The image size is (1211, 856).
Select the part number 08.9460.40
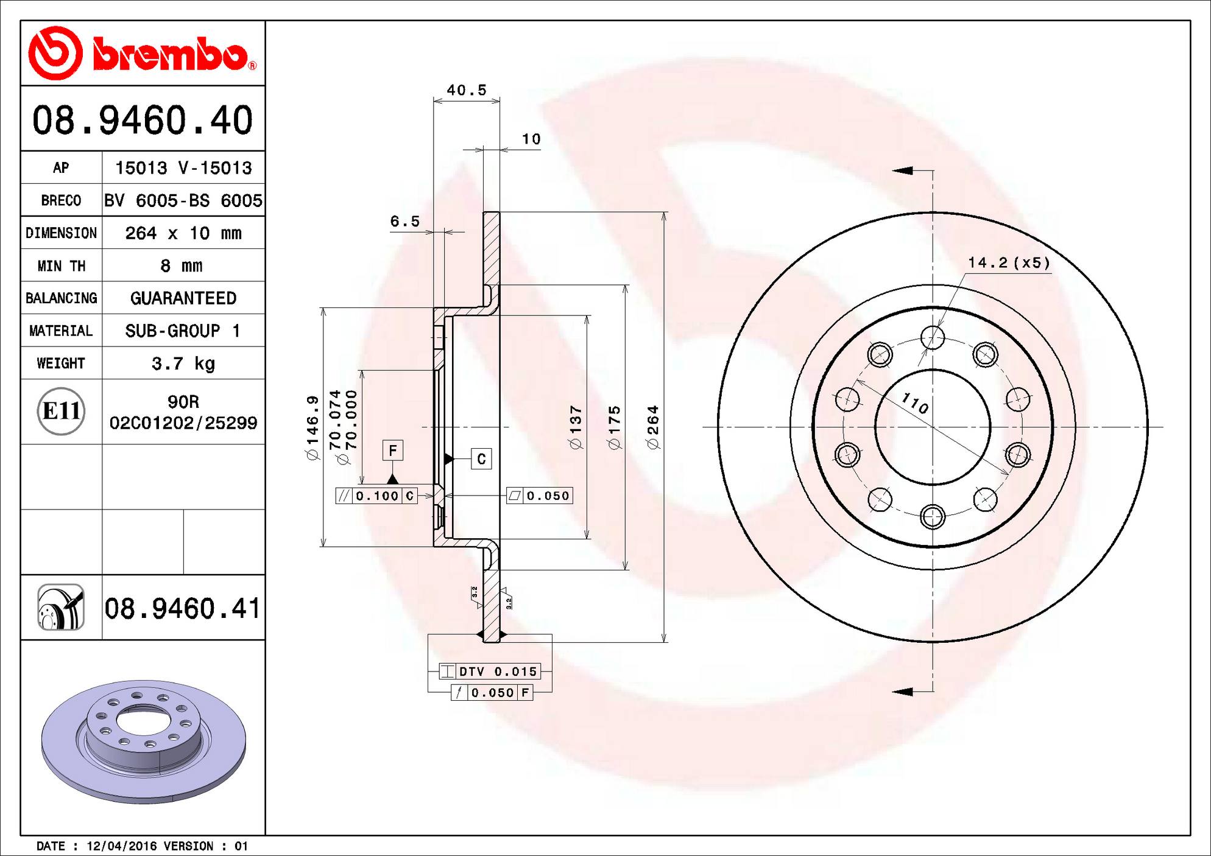pos(143,120)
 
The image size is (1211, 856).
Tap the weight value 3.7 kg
pos(183,363)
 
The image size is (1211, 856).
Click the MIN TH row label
pos(61,266)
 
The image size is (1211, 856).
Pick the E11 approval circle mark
pos(61,412)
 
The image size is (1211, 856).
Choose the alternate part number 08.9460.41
pos(182,608)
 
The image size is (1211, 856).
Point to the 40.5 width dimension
pos(467,90)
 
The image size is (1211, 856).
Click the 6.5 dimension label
pos(405,221)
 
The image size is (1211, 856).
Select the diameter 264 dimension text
pos(653,427)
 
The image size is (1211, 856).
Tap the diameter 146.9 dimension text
pos(312,427)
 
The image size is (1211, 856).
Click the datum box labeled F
pos(393,451)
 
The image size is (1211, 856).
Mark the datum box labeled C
pos(481,459)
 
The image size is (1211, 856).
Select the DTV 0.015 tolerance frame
pos(490,672)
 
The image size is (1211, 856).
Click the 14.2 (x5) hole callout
pos(1009,262)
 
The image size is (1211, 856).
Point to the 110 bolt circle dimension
pos(914,403)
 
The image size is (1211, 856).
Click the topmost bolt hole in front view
pos(933,337)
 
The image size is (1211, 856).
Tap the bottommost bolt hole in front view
pos(933,517)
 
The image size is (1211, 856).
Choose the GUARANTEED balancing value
pos(183,298)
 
